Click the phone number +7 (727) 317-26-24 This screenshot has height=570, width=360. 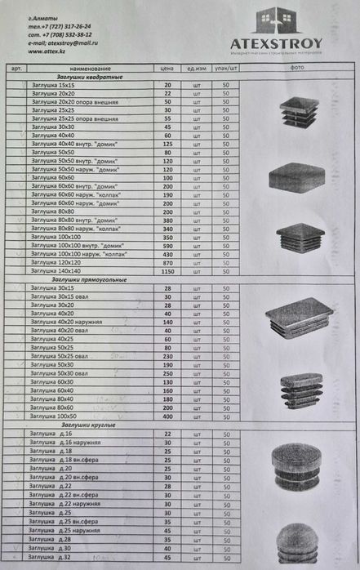click(x=66, y=26)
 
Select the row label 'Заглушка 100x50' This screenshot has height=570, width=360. click(x=54, y=416)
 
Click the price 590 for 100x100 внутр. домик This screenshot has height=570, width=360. click(x=168, y=245)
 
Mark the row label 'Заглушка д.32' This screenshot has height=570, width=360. click(x=50, y=558)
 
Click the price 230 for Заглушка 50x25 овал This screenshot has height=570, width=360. click(x=168, y=356)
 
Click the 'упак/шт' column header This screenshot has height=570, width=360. click(x=225, y=69)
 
